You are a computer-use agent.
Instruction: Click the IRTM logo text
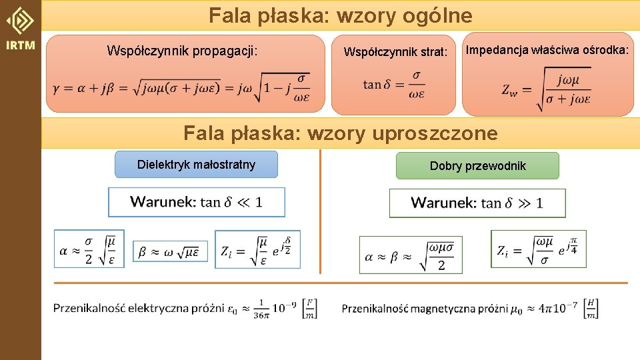20,46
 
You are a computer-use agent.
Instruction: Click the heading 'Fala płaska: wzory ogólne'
340,15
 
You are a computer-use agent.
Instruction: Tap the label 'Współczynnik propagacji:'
182,51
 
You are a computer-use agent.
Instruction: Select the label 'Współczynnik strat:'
395,51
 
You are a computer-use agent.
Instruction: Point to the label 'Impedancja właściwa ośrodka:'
547,49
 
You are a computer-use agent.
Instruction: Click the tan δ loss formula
394,85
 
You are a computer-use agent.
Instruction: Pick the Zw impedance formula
547,89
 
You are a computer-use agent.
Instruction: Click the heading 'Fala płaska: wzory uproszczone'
340,133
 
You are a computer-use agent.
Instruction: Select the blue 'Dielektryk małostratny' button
196,165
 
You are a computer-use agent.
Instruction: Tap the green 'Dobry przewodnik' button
477,166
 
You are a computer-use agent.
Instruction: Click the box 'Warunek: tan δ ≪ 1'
197,202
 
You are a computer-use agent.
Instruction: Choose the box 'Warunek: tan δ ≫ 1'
477,203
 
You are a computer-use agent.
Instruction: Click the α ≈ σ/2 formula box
89,249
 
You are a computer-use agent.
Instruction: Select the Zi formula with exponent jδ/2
257,249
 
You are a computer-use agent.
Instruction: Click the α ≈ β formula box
410,255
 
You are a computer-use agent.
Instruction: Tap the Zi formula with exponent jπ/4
539,249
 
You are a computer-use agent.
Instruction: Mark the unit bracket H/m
591,308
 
